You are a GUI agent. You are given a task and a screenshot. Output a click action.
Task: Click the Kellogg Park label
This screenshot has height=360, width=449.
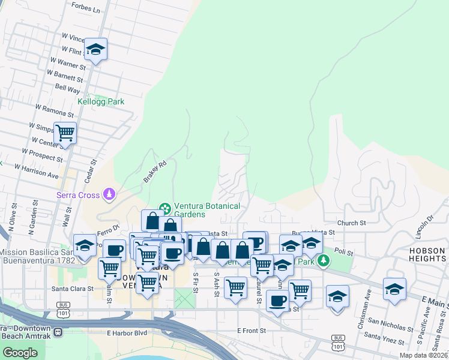[101, 101]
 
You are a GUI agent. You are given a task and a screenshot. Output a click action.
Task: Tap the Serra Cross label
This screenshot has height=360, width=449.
[77, 194]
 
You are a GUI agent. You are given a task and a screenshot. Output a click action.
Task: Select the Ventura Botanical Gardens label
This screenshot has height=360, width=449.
[206, 210]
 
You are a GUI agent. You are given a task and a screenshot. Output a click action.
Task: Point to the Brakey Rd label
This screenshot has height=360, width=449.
[154, 172]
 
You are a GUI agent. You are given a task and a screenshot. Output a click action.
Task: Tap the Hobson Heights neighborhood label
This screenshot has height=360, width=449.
[427, 254]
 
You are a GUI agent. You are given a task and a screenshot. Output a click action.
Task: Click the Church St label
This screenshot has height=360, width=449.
[351, 223]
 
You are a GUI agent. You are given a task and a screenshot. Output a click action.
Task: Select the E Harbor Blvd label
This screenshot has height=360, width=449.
[127, 333]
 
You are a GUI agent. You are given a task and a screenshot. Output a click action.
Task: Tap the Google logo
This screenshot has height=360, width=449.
[20, 353]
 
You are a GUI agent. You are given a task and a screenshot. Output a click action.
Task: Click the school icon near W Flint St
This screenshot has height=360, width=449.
[95, 49]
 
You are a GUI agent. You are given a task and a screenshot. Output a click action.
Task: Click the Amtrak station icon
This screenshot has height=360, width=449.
[58, 332]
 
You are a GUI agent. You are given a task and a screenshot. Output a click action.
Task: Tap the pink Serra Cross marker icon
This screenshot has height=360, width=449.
[109, 194]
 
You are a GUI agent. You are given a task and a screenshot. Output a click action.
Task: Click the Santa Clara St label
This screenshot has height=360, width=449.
[72, 289]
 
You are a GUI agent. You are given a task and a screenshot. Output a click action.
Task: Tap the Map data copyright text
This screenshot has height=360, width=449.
[423, 355]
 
